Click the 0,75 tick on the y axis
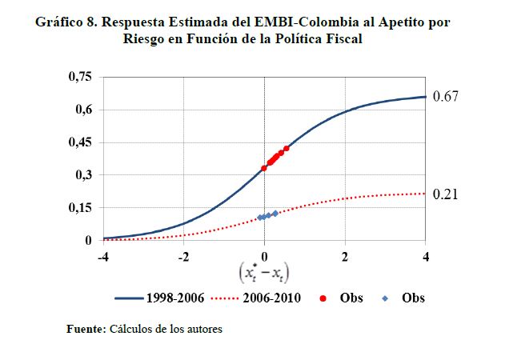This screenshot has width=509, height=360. (x=80, y=77)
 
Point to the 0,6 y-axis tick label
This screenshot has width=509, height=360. (x=83, y=110)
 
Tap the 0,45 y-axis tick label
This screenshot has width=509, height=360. (x=80, y=142)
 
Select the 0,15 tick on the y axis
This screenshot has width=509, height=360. (x=80, y=208)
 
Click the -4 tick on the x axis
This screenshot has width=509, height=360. (x=102, y=256)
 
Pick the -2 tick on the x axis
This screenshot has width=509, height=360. (x=183, y=256)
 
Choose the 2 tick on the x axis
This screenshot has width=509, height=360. (x=346, y=256)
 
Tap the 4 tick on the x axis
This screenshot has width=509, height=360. (x=426, y=256)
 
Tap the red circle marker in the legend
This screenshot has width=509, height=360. (x=323, y=298)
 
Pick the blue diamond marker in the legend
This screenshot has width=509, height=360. (x=385, y=298)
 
